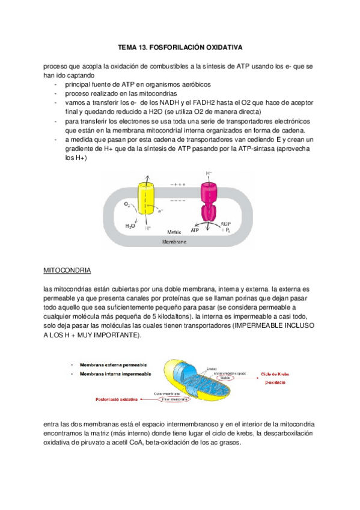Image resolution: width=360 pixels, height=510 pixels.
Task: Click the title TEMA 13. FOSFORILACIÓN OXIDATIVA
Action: [180, 46]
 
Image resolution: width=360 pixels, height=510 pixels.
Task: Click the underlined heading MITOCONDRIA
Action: [67, 269]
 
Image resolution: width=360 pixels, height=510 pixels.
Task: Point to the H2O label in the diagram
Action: [130, 226]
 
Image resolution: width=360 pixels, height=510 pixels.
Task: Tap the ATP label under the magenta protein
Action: [196, 230]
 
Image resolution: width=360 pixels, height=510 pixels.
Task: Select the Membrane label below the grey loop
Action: [174, 242]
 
